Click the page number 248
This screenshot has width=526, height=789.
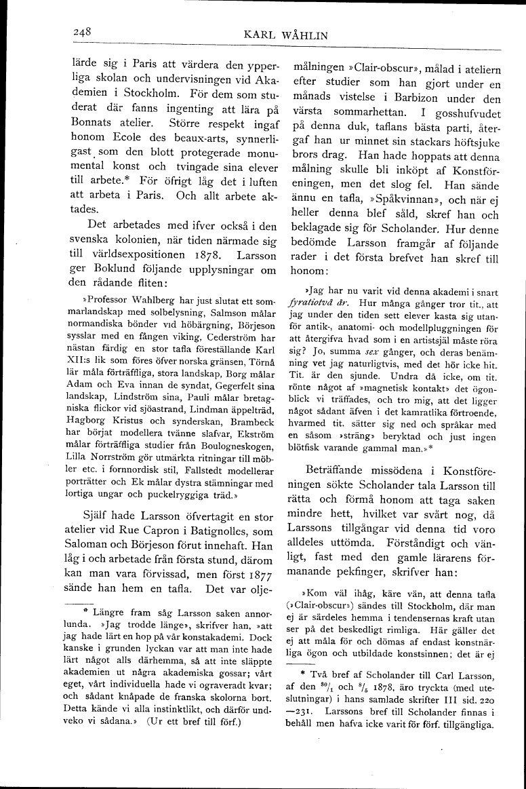click(x=83, y=31)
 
